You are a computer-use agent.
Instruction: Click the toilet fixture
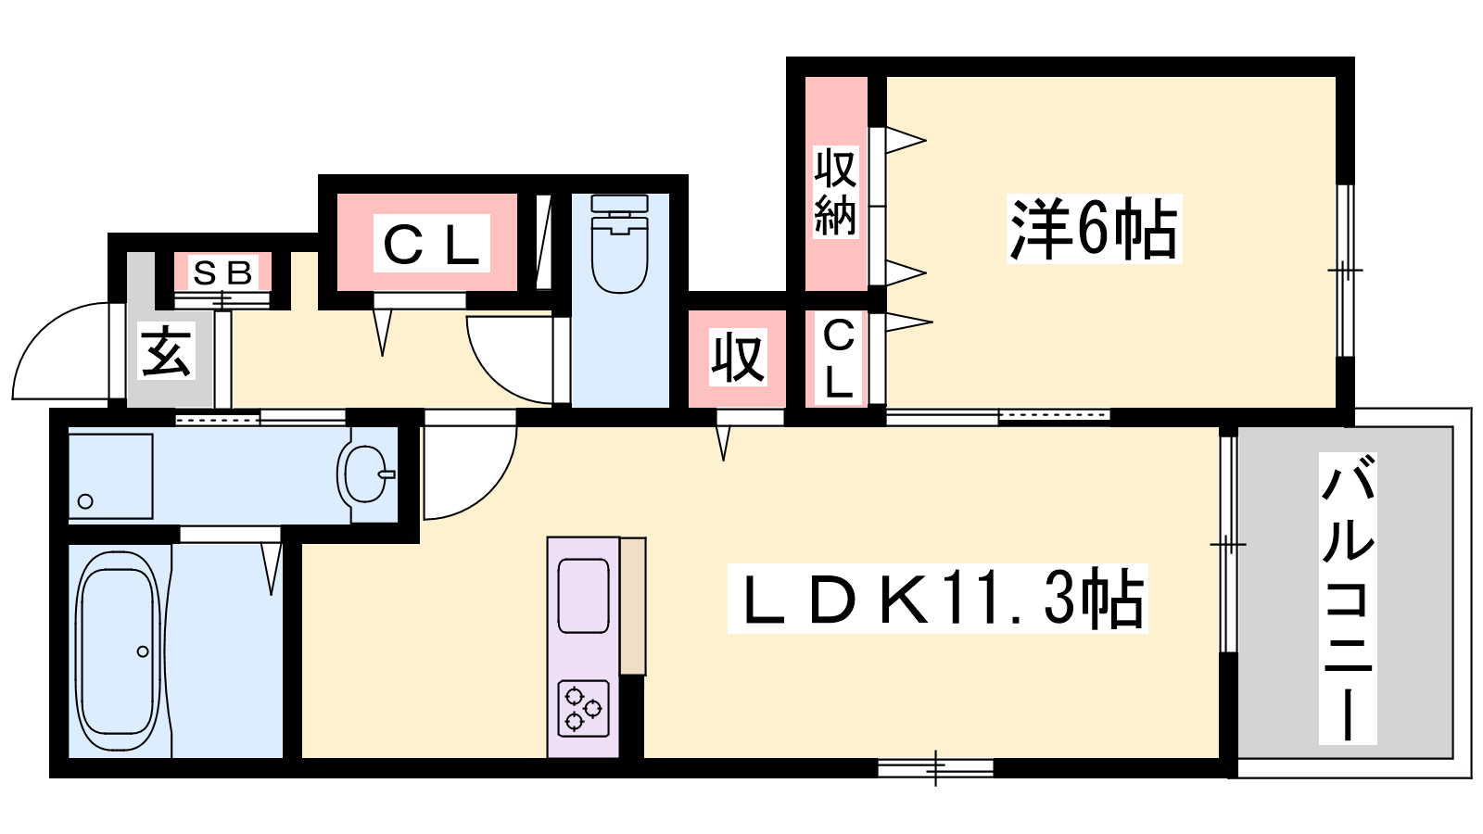[x=619, y=244]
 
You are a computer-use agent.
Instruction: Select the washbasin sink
[x=364, y=474]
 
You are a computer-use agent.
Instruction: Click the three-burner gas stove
[x=583, y=708]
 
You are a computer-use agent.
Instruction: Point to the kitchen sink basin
[x=583, y=596]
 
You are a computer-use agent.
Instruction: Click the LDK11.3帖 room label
[x=937, y=599]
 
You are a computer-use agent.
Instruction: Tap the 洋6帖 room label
[x=1094, y=229]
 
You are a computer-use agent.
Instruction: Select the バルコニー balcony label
[x=1348, y=599]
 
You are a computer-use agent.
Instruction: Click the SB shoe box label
[x=222, y=272]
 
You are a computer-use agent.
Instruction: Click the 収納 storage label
[x=835, y=192]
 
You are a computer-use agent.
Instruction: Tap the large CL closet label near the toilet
[x=431, y=243]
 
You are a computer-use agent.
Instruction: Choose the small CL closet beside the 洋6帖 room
[x=838, y=358]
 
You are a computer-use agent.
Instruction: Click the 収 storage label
[x=738, y=358]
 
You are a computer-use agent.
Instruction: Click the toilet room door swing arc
[x=491, y=377]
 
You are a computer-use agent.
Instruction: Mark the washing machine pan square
[x=110, y=476]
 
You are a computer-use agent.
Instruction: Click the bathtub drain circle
[x=143, y=652]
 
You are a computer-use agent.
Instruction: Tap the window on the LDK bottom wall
[x=935, y=768]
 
